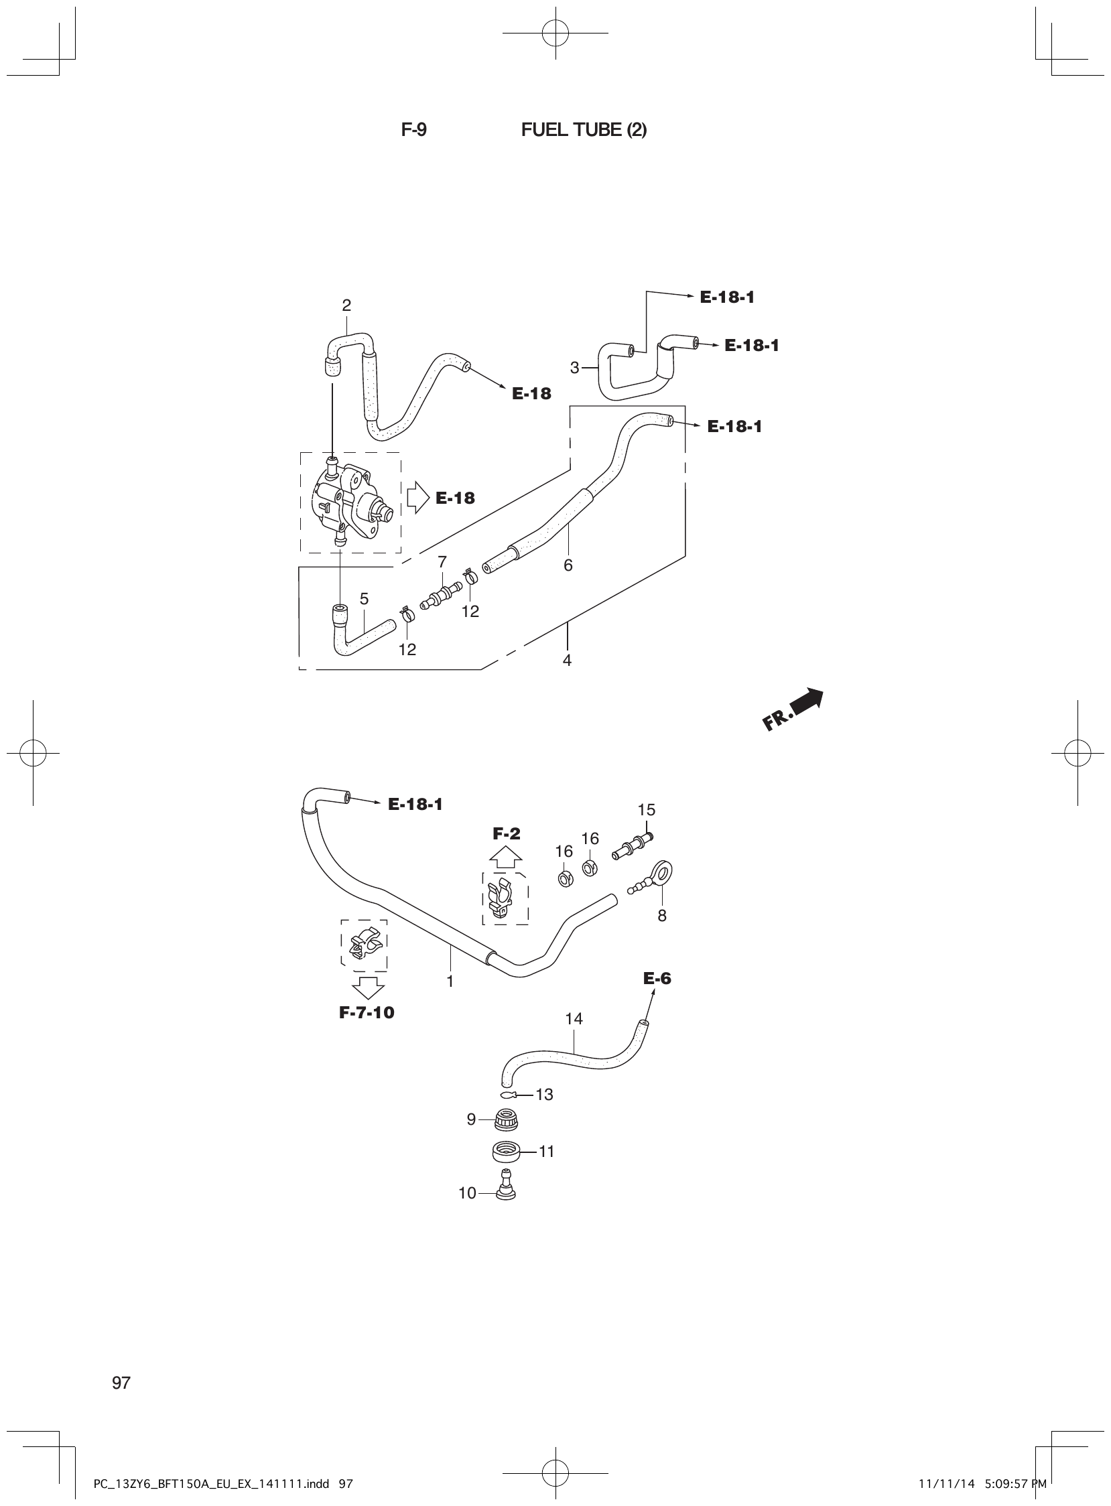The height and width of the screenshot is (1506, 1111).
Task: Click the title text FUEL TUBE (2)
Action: pos(583,130)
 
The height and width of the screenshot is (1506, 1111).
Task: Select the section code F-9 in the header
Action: pos(413,130)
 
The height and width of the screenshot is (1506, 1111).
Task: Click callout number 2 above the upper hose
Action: pos(346,305)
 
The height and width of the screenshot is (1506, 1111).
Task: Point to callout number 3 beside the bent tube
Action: pos(574,368)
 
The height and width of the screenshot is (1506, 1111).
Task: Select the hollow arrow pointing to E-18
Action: pos(417,498)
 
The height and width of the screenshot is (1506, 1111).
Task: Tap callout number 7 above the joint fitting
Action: pos(442,561)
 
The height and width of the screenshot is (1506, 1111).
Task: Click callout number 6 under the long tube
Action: pos(568,565)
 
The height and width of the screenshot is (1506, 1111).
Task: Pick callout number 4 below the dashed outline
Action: pos(567,661)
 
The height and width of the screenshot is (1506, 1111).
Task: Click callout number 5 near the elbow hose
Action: pos(364,598)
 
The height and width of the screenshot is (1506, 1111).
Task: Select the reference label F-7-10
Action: pos(367,1012)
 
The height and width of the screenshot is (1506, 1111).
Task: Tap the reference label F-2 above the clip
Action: pos(506,833)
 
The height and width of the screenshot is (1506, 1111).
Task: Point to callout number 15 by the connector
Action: pos(646,809)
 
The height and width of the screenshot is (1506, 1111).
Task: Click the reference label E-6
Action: pos(657,978)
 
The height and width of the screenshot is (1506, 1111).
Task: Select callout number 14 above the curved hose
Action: pos(574,1018)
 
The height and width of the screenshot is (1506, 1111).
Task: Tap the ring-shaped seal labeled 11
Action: pos(504,1152)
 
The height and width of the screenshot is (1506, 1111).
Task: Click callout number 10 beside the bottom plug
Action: pos(467,1193)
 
